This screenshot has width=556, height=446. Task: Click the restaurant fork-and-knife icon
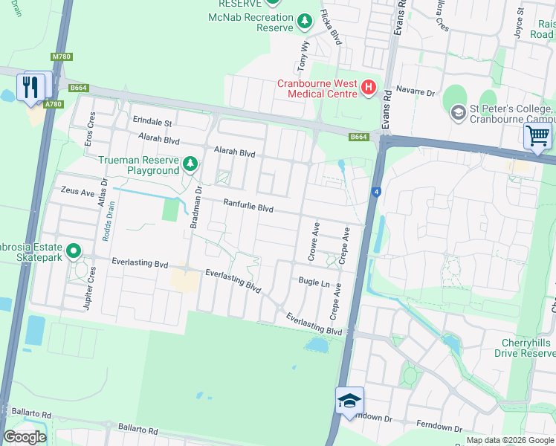click(30, 86)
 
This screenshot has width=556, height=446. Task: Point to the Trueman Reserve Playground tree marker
click(191, 164)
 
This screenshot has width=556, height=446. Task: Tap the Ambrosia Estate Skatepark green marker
click(74, 251)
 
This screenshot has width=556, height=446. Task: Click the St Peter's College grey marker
click(458, 112)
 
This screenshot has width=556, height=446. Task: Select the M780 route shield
click(61, 56)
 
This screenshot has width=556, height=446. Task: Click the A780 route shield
click(53, 104)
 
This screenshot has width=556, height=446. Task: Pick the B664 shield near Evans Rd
click(359, 137)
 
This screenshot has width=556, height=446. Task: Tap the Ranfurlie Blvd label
click(249, 206)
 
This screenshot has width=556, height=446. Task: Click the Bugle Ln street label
click(314, 282)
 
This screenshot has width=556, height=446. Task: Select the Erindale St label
click(152, 122)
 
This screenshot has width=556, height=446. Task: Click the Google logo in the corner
click(25, 437)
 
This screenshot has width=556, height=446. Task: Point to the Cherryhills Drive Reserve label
click(525, 347)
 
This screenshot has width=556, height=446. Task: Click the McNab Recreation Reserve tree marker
click(305, 22)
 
